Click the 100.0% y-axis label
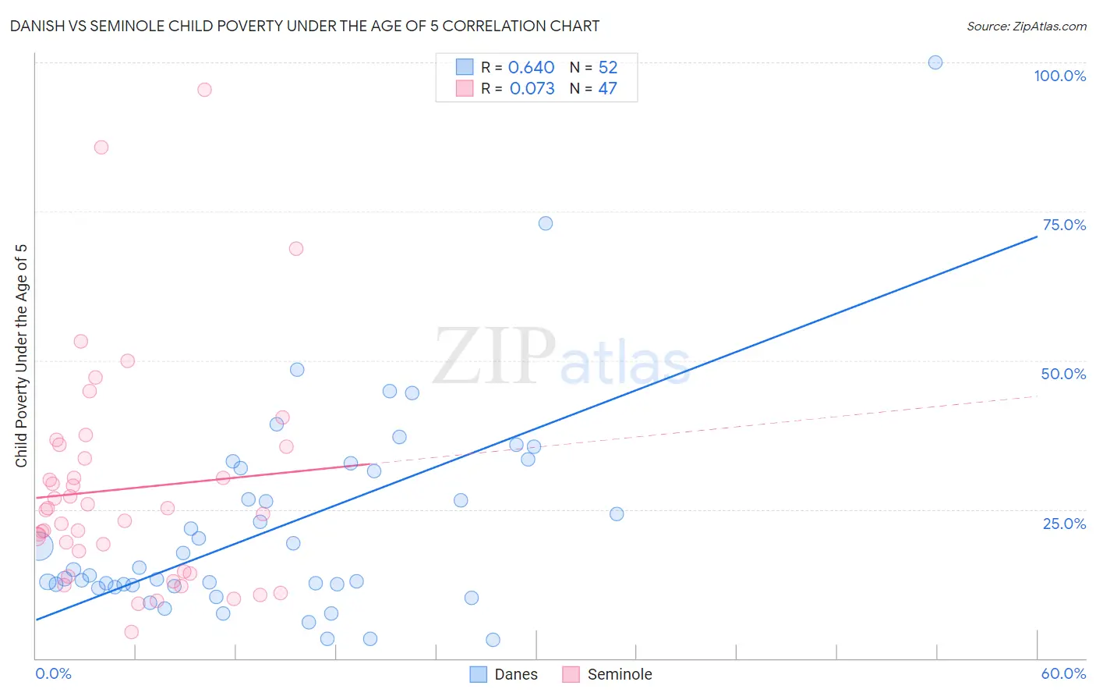1059,76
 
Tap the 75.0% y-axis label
1064,225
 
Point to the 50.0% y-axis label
1063,374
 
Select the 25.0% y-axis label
1064,524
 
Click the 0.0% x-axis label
53,673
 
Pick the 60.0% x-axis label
1063,673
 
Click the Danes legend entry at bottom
515,674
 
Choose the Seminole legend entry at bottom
619,674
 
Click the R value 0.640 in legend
531,68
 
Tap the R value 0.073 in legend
532,89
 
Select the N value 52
607,68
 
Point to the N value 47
607,89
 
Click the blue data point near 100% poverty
935,62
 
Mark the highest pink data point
204,90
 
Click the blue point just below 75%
546,223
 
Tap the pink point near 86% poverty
101,147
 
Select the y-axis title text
21,356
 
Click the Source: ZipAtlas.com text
1026,27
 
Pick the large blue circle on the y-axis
39,546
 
